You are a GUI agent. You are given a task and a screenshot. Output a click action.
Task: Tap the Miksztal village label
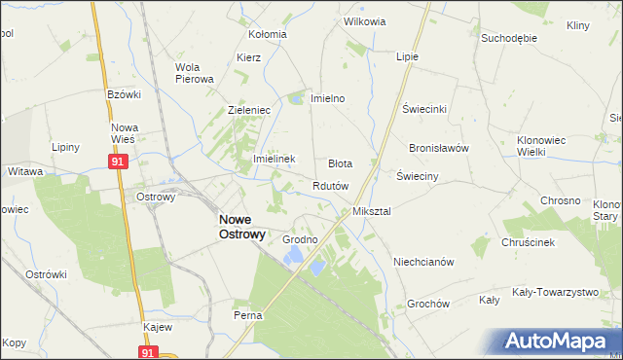pyautogui.click(x=371, y=211)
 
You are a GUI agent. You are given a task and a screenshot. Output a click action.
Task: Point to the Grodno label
pyautogui.click(x=300, y=239)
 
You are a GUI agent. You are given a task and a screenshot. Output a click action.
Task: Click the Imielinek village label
pyautogui.click(x=274, y=159)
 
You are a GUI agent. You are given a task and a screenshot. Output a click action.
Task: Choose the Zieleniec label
pyautogui.click(x=248, y=111)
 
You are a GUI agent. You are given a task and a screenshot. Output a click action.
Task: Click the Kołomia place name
pyautogui.click(x=267, y=34)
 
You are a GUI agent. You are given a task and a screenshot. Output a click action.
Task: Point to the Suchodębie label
pyautogui.click(x=509, y=38)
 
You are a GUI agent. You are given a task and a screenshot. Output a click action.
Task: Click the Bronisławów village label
pyautogui.click(x=439, y=148)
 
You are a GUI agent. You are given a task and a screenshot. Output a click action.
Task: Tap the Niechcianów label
pyautogui.click(x=423, y=262)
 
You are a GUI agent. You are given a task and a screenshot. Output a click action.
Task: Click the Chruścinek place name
pyautogui.click(x=529, y=242)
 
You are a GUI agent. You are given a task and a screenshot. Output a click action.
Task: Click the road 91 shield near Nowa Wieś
pyautogui.click(x=116, y=162)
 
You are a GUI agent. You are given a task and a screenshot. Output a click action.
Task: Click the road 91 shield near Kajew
pyautogui.click(x=147, y=352)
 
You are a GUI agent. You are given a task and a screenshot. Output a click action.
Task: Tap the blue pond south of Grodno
pyautogui.click(x=295, y=256)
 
